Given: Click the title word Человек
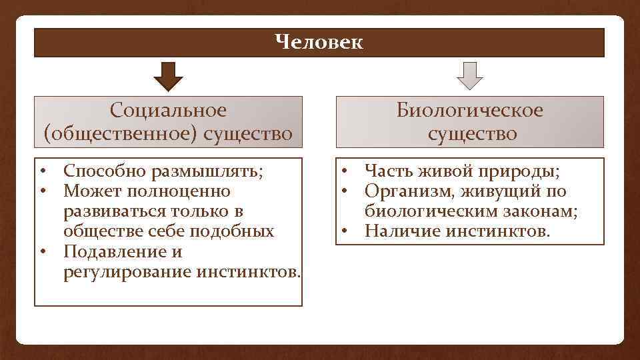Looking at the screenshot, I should [319, 43].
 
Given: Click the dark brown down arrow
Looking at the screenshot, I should [168, 76].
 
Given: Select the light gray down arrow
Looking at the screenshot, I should [470, 76].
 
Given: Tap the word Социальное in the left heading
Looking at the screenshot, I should [168, 110].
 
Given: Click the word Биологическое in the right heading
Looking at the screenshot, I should [470, 110].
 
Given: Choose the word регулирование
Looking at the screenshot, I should [127, 272].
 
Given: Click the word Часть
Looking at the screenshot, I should [389, 171].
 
